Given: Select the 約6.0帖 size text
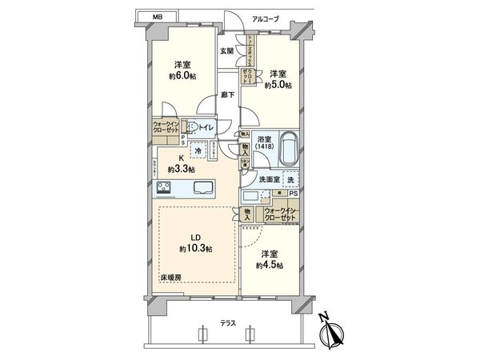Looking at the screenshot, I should [x=182, y=76].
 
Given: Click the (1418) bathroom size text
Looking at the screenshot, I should [x=263, y=149].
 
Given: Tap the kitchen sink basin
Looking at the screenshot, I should [x=203, y=189].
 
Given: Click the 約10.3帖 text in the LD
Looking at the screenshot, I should [x=198, y=250].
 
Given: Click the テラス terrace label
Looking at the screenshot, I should [x=227, y=323].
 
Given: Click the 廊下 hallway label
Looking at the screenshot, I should [x=226, y=94].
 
